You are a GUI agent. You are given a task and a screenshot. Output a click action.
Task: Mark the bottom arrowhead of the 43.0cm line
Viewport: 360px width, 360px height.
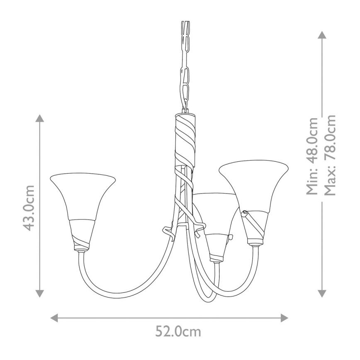(39, 294)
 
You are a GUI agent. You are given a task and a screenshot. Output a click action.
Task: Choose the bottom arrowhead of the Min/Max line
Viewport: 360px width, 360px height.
(322, 294)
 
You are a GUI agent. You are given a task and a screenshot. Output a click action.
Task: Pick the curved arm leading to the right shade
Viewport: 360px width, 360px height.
(245, 282)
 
